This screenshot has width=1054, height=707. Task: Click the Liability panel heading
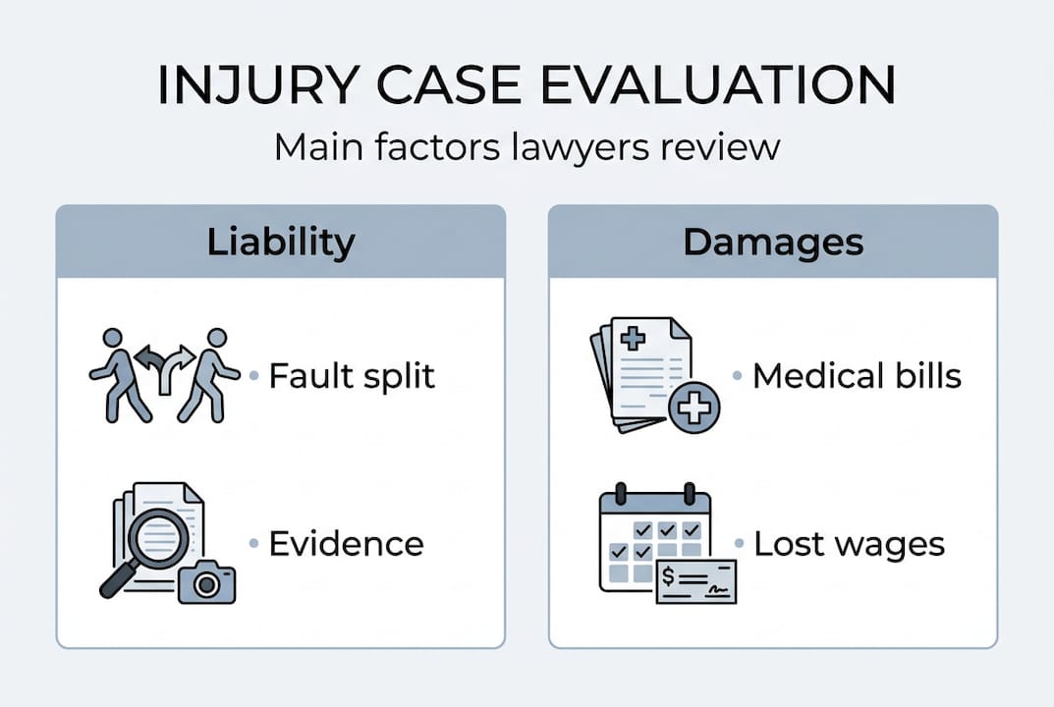point(281,243)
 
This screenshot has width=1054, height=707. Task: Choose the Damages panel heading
point(773,243)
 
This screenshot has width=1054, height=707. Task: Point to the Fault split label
point(352,375)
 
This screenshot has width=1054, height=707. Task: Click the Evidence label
point(346,543)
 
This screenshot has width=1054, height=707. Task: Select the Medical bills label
point(857,375)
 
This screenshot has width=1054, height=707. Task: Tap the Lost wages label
point(849,544)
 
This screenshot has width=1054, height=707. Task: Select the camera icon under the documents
point(206,582)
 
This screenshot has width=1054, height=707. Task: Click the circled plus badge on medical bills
point(693,407)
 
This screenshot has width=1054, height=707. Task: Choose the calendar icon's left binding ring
point(621,492)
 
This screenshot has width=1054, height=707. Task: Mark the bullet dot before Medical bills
point(738,376)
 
